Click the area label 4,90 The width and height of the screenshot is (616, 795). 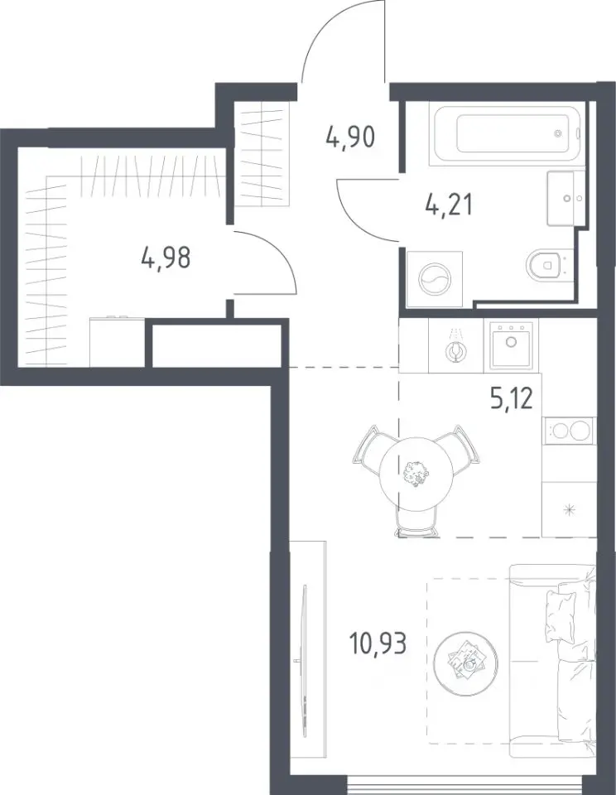pos(350,137)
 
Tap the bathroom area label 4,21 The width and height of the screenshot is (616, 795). pos(448,205)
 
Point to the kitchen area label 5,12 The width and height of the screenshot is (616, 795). pos(512,399)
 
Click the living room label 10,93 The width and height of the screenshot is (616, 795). pos(378,644)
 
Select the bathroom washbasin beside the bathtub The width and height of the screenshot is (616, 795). pos(565,198)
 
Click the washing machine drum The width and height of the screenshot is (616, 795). pos(435,279)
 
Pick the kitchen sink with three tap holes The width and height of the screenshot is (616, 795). pos(511,344)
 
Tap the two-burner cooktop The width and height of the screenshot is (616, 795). pos(567,431)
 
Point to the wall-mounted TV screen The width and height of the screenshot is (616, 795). pos(304,658)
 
